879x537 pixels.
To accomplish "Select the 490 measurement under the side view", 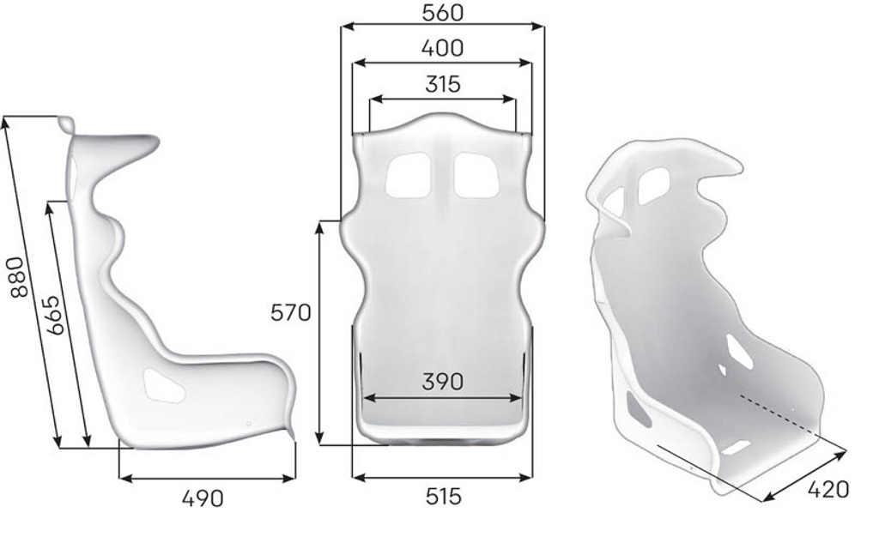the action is click(203, 498).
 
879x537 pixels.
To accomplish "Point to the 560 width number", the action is click(442, 12).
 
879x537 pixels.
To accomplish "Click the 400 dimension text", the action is click(442, 48).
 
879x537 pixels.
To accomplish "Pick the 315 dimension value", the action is click(443, 84).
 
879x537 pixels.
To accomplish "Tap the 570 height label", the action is click(290, 312).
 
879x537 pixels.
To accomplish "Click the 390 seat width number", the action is click(443, 382).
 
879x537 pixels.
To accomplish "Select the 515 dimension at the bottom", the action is click(444, 496).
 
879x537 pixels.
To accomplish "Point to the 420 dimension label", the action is click(828, 490).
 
